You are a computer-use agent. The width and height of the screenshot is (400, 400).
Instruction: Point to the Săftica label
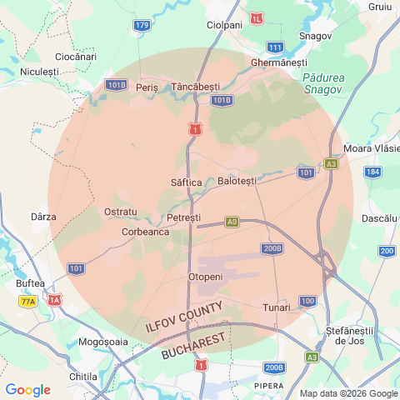click(186, 182)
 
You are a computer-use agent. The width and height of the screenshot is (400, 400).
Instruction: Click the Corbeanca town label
click(146, 232)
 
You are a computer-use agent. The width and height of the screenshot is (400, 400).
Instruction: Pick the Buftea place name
click(30, 282)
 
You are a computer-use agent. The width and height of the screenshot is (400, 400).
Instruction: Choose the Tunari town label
click(277, 307)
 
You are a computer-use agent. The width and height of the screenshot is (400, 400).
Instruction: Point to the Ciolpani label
click(224, 25)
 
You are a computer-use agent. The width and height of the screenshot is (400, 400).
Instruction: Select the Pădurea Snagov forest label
click(320, 83)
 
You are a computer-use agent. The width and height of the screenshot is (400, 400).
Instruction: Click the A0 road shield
click(232, 222)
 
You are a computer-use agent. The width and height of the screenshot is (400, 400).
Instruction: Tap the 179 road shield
click(142, 26)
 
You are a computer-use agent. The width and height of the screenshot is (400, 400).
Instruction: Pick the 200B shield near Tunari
click(272, 248)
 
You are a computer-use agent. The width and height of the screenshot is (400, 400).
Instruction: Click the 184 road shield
click(372, 172)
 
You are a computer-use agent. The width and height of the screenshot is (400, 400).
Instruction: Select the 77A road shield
click(28, 301)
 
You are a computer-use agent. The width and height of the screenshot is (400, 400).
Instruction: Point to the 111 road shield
click(275, 47)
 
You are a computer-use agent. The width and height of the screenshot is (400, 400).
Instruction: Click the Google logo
click(27, 390)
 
